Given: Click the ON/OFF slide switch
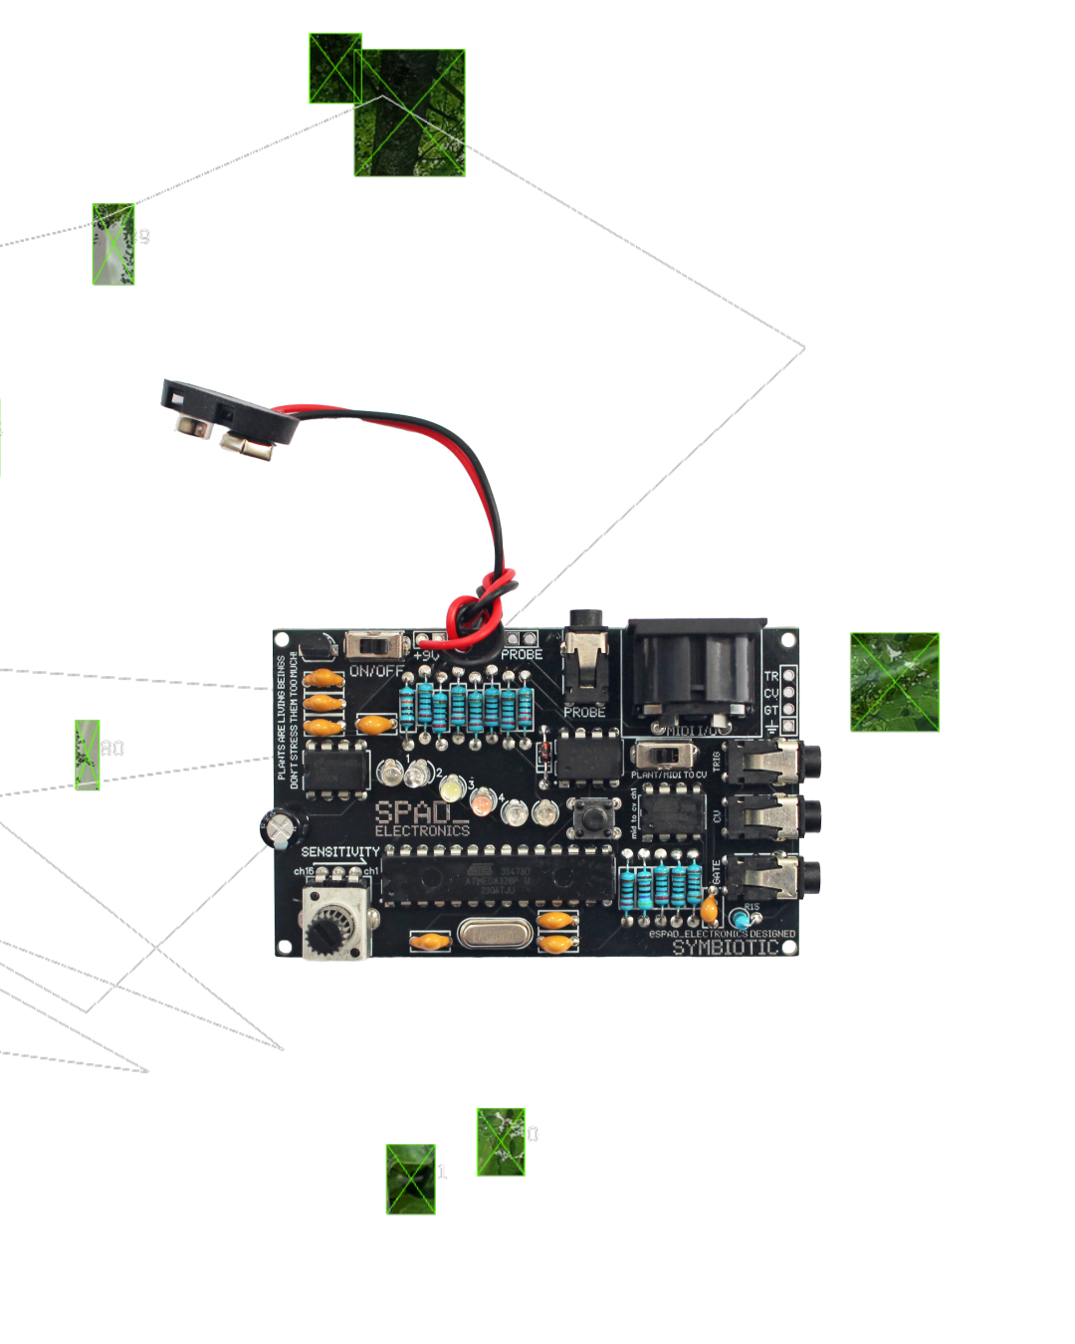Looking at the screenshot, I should pos(377,645).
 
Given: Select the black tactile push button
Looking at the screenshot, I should pos(593,817).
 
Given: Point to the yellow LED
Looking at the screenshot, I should pos(452,789).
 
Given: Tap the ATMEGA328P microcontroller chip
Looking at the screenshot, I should pos(498,878).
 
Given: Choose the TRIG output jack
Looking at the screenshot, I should pos(771,763).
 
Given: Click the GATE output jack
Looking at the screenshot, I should pos(771,877).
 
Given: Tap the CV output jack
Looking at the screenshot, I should pos(771,817).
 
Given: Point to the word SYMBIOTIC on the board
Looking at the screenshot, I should pos(726,948).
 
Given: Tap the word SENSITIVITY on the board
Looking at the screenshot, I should pos(340,852).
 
